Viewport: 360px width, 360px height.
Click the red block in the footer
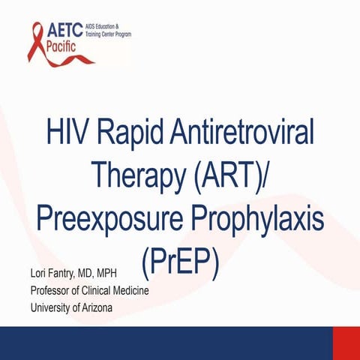click(346, 342)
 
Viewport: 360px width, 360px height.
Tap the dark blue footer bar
click(165, 342)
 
